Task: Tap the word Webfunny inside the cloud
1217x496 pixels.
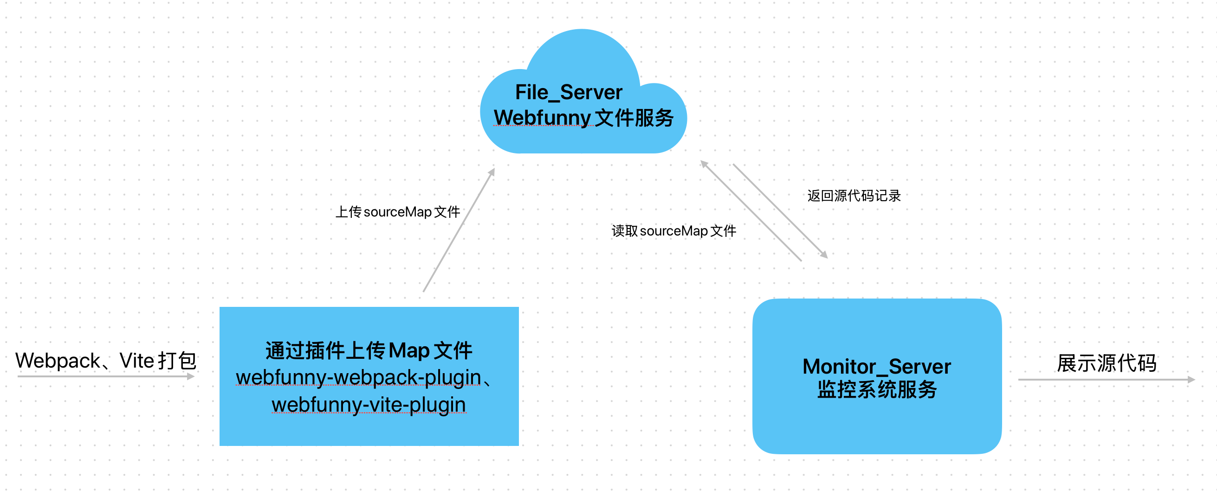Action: (x=542, y=118)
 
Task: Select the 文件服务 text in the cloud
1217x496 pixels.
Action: (x=634, y=118)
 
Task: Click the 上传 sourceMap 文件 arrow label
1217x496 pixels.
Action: (x=397, y=212)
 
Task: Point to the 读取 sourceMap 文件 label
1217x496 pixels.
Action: (x=673, y=231)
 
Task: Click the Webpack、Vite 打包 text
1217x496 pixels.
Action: (x=106, y=361)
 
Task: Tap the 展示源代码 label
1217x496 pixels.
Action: (x=1107, y=363)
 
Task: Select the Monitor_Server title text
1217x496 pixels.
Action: (x=876, y=367)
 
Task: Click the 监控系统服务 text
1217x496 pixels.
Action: (x=877, y=390)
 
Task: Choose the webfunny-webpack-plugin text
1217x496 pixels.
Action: (x=359, y=377)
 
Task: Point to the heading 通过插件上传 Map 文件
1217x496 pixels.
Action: (x=369, y=350)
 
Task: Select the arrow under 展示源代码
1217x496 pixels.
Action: (x=1106, y=380)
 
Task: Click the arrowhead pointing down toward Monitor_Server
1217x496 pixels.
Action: (x=824, y=255)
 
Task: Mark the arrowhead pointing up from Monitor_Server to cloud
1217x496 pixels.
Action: (x=704, y=164)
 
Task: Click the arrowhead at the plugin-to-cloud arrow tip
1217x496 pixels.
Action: (x=492, y=172)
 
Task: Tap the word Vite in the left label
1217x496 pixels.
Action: (x=136, y=361)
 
